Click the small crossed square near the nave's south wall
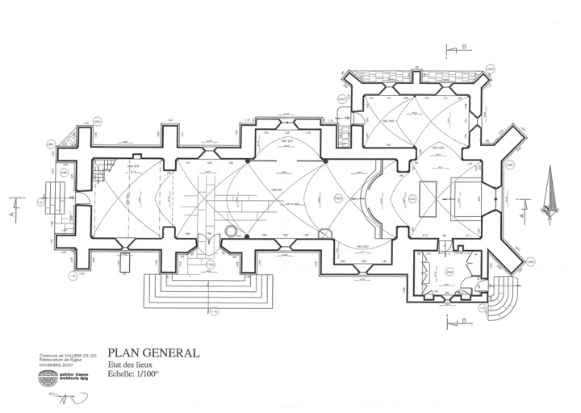[x=324, y=234]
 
